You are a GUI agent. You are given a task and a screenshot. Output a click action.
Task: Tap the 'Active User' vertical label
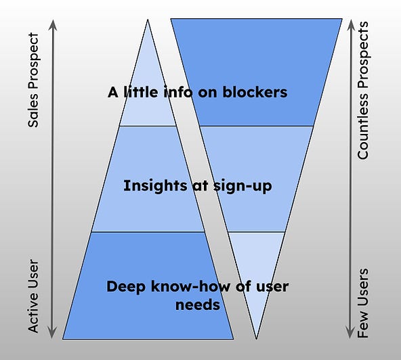coord(34,295)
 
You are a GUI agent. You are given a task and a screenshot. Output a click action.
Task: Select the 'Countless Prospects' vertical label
coord(364,90)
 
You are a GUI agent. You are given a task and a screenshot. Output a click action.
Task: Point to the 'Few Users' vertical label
coord(364,302)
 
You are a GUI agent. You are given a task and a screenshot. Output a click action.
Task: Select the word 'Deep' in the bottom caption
coord(125,286)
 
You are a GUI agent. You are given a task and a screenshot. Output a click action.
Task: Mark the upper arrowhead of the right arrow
coord(350,25)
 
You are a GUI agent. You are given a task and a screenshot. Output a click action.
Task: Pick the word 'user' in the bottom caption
coord(271,286)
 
